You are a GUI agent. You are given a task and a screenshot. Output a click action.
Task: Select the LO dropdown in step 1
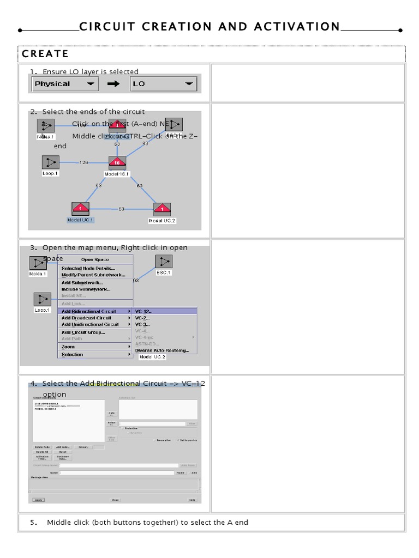[x=163, y=84]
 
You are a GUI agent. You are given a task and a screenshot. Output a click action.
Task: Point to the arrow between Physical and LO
[x=113, y=84]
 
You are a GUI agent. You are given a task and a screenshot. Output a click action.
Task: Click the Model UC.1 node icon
[x=80, y=209]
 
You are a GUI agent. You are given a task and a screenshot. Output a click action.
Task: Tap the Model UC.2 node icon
[x=162, y=209]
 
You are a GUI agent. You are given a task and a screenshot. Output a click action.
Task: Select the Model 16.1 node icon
[x=117, y=162]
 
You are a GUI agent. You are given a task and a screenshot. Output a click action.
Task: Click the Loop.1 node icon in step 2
[x=50, y=162]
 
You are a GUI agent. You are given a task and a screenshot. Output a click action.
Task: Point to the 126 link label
[x=83, y=162]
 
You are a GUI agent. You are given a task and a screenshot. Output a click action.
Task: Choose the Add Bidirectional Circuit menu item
[x=91, y=311]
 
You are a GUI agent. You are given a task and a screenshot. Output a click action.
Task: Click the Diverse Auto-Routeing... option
[x=162, y=350]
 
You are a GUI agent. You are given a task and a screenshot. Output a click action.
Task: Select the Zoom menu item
[x=68, y=347]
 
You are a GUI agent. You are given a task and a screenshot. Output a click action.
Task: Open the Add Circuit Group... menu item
[x=83, y=332]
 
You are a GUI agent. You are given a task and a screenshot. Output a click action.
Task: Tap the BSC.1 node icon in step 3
[x=163, y=262]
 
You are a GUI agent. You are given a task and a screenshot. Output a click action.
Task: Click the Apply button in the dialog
[x=38, y=500]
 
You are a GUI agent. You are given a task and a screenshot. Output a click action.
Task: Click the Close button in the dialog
[x=115, y=500]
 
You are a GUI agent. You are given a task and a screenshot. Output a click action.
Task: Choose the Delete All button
[x=42, y=452]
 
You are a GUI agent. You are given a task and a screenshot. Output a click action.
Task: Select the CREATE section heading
[x=45, y=53]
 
